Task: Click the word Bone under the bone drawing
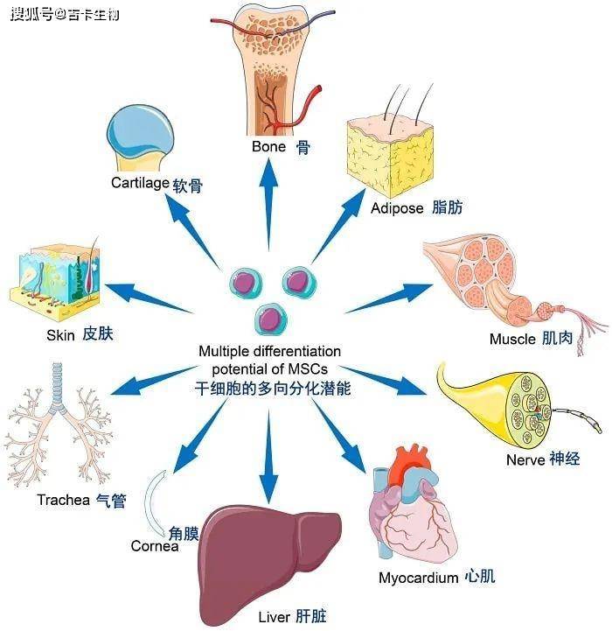[268, 146]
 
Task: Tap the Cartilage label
[140, 183]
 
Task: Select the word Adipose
[397, 208]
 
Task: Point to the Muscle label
[512, 339]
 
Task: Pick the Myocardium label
[418, 578]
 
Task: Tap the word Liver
[274, 617]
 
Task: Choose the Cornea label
[155, 546]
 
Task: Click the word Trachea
[64, 500]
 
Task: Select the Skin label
[60, 335]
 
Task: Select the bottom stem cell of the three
[271, 319]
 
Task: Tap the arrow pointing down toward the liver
[268, 456]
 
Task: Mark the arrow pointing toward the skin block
[149, 298]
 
